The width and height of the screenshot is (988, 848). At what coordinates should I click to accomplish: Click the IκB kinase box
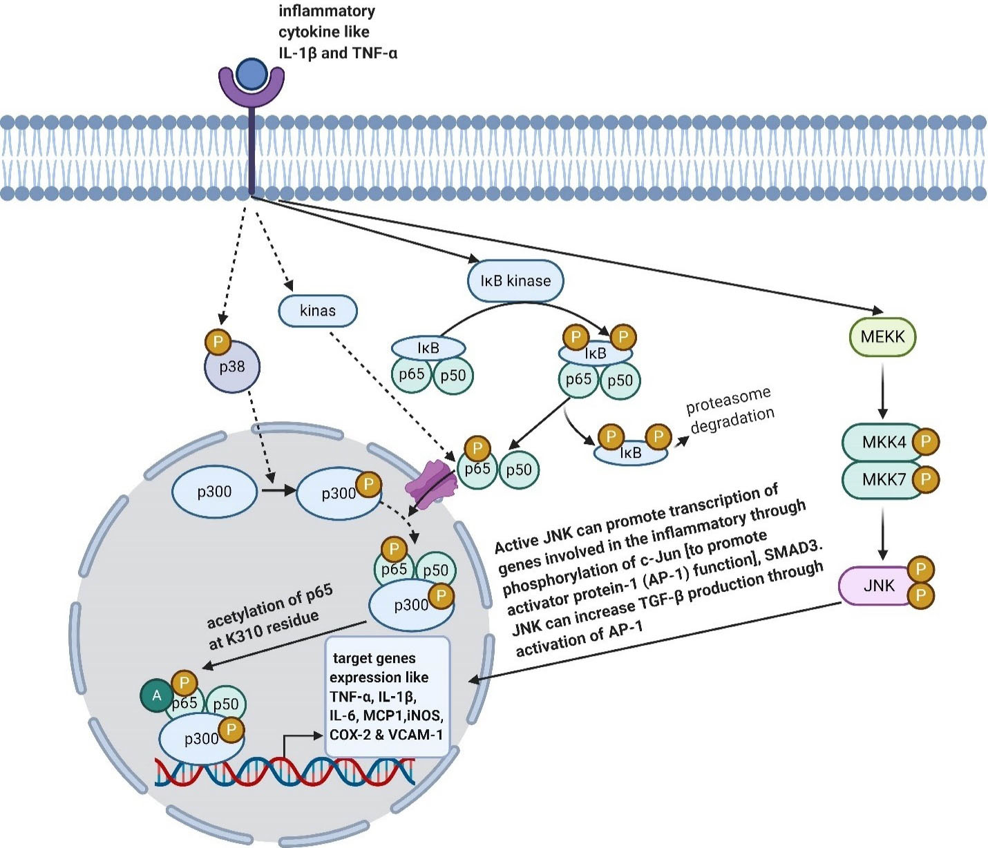[515, 281]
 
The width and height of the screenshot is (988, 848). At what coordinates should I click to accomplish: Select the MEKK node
[882, 337]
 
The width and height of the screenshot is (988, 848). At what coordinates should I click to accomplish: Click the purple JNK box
[876, 586]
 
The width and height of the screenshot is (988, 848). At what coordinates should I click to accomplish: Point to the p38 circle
[232, 367]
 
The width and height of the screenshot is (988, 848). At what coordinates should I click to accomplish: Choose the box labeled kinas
[318, 311]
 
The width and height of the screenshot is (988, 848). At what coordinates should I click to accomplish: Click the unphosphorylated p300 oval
[214, 492]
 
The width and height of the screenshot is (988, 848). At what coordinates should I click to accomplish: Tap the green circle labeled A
[157, 695]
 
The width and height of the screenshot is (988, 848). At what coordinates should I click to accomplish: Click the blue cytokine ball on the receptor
[251, 74]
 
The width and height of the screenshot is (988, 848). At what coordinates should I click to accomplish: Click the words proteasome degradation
[730, 410]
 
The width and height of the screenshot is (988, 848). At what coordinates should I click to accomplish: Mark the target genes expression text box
[387, 696]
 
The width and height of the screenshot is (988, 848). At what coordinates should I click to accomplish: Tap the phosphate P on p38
[218, 342]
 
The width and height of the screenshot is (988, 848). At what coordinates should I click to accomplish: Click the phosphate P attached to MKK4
[926, 442]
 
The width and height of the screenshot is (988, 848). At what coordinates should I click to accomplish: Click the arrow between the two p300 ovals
[276, 492]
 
